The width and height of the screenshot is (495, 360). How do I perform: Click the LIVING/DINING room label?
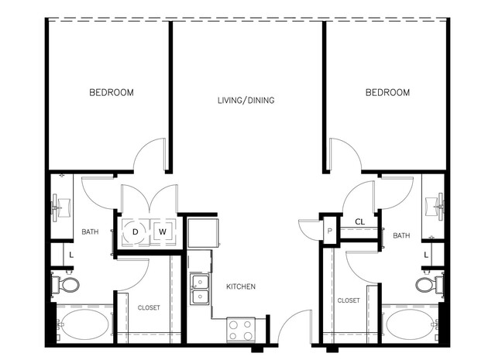click(x=246, y=101)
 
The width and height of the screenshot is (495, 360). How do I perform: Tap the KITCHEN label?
click(x=241, y=286)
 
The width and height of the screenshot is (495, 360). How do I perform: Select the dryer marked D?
click(x=135, y=232)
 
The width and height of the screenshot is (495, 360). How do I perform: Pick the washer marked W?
click(x=163, y=232)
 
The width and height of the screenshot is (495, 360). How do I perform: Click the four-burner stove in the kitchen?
click(x=241, y=330)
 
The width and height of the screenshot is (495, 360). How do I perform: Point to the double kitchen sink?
click(x=200, y=290)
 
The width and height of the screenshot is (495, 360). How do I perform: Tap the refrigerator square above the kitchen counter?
click(x=203, y=232)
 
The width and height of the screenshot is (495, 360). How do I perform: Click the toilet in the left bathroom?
click(x=66, y=285)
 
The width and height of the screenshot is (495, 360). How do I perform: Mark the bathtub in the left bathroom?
click(x=84, y=324)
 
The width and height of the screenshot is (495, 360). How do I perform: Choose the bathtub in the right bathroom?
click(x=410, y=324)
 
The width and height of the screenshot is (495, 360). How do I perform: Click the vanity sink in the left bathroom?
click(x=62, y=208)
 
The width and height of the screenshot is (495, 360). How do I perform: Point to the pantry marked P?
click(x=330, y=231)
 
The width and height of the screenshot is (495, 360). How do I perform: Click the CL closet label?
click(x=360, y=221)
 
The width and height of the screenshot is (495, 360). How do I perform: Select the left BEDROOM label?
click(x=112, y=92)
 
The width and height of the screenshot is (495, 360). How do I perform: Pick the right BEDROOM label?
click(x=387, y=92)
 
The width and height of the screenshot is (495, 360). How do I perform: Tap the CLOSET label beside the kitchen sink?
click(x=149, y=307)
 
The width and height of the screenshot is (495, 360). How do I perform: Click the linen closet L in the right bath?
click(x=426, y=255)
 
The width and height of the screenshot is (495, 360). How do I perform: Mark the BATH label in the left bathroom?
click(x=90, y=232)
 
